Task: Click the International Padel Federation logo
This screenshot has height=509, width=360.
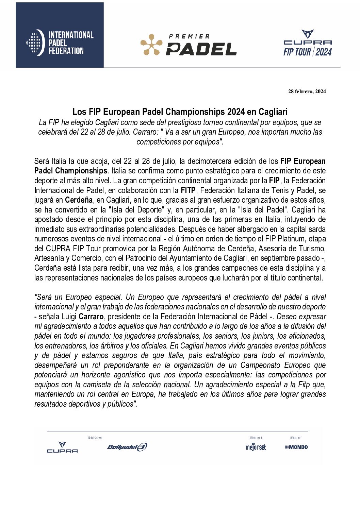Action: coord(60,43)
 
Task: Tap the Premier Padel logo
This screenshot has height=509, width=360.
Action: coord(189,45)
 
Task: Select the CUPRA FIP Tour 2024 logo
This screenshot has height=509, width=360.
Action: coord(308,43)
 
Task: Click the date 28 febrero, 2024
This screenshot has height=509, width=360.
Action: coord(307,91)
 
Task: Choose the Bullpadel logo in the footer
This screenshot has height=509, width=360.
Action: coord(127,447)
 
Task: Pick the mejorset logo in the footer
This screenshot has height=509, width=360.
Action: coord(256,447)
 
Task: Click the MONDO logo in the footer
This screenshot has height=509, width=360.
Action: coord(296,447)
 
